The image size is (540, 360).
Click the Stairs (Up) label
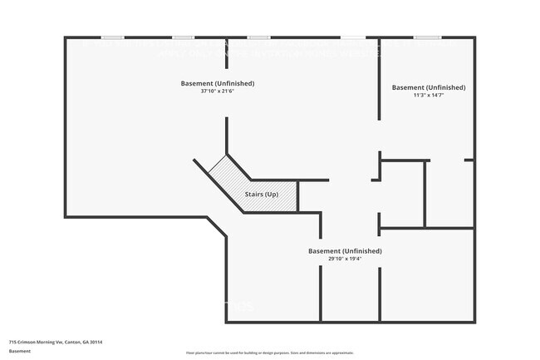coord(261,195)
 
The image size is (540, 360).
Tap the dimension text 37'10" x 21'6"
coord(218,91)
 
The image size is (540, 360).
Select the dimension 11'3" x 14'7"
coord(429,96)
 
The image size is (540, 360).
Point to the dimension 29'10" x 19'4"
coord(345,259)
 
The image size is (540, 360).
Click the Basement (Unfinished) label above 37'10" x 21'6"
coord(218,83)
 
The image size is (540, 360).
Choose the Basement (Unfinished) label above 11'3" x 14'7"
coord(429,87)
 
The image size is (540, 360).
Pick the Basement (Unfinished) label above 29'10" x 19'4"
coord(345,251)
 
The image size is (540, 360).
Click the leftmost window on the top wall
coord(113,37)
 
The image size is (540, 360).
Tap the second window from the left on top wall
coord(184,37)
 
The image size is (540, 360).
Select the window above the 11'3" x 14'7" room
coord(428,37)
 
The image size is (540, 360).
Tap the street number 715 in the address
coord(12,342)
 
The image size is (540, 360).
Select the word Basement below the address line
coord(19,351)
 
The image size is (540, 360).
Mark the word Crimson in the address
coord(26,342)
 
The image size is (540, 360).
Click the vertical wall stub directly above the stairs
coord(226,135)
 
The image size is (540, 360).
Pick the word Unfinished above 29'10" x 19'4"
coord(362,251)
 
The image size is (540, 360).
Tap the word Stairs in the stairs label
coord(253,195)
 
